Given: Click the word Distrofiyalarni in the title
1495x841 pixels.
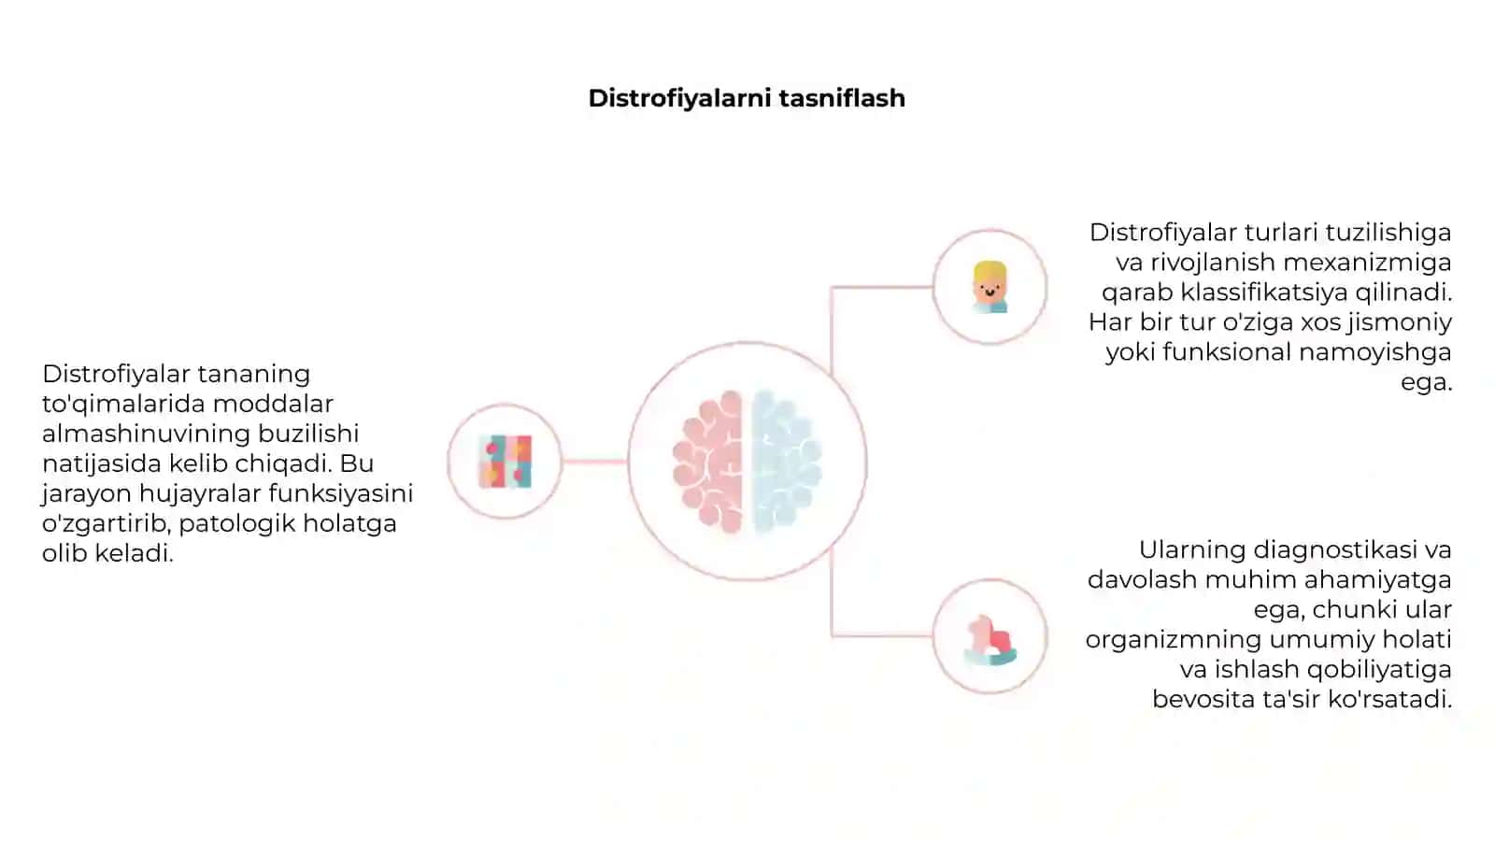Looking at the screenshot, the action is point(678,99).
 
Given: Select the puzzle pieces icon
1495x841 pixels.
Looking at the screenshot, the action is point(505,462).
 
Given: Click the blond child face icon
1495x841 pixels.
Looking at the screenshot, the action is point(990,287).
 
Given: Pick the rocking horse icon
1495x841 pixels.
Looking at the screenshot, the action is point(990,640).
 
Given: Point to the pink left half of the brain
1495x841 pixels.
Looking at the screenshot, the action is point(708,462).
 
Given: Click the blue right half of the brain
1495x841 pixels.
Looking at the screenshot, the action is point(787,462).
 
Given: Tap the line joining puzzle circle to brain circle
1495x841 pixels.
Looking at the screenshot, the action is point(594,462).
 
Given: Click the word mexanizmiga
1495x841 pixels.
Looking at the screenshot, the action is point(1367,263).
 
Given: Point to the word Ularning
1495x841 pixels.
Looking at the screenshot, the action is point(1192,550).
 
